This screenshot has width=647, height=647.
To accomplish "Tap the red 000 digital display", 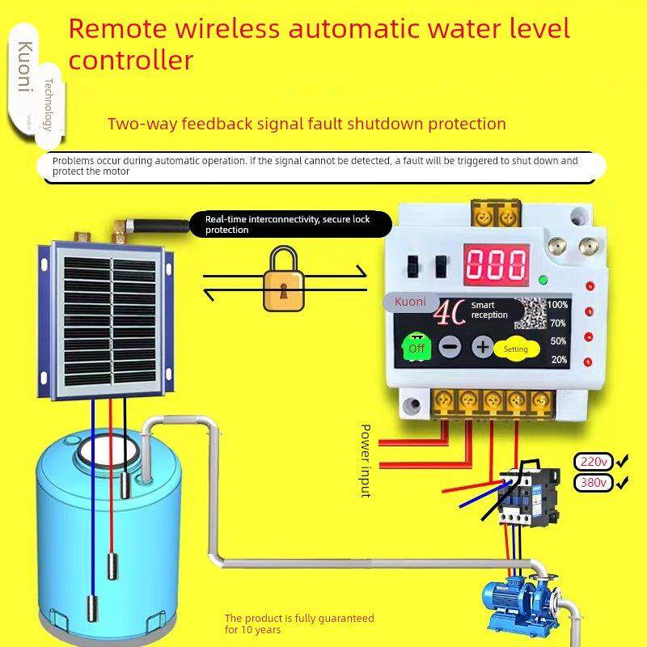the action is (497, 264).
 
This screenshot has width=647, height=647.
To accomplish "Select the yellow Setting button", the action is (516, 349).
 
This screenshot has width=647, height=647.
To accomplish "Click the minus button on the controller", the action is (450, 347).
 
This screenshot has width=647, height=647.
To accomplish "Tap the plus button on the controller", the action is (482, 347).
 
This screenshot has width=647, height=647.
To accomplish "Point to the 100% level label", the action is (557, 305).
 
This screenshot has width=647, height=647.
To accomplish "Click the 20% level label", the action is (559, 360).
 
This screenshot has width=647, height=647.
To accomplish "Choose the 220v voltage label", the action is (594, 462).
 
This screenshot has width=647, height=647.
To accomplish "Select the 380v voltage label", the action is (594, 482).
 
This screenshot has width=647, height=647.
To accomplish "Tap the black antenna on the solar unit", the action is (159, 226).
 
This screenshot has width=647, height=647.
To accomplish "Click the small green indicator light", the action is (543, 280).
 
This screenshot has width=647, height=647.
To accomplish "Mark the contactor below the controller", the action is (530, 493).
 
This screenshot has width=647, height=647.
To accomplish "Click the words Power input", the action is (366, 460).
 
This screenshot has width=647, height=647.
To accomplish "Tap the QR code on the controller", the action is (531, 314).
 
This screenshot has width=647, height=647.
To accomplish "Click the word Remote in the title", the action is (117, 29).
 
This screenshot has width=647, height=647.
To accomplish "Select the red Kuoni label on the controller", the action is (410, 302).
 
